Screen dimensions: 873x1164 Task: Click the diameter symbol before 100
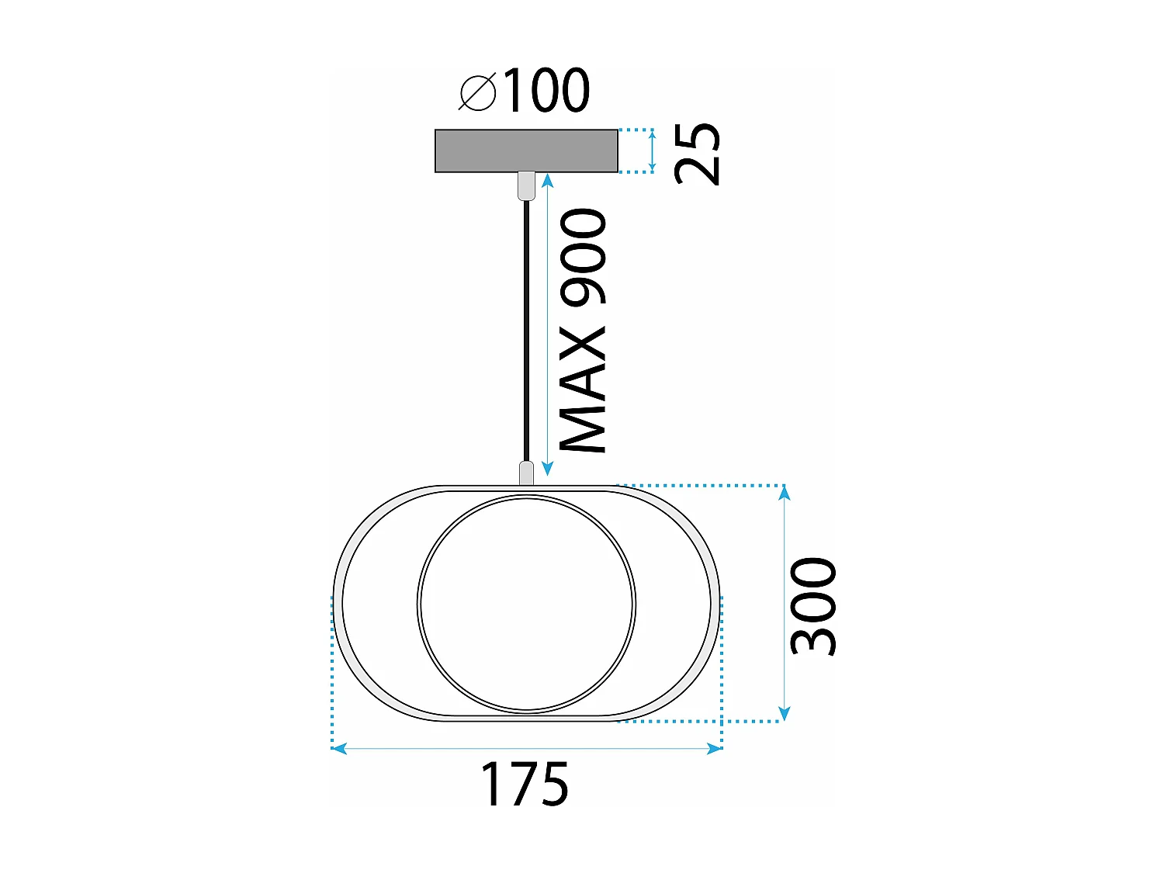point(477,93)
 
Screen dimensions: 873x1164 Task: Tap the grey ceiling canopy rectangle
point(526,151)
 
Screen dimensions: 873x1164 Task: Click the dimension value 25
point(698,154)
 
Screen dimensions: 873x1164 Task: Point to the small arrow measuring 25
point(653,151)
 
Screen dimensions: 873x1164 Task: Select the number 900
point(584,256)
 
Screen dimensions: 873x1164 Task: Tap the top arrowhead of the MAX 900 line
point(548,181)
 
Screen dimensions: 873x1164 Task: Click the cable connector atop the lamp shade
point(526,473)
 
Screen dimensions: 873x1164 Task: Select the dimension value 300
point(813,605)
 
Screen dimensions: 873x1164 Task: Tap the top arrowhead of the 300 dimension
point(785,493)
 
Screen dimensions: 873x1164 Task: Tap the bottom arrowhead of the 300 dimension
point(785,713)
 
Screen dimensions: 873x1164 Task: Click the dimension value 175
point(525,785)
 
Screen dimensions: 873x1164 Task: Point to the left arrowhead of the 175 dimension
point(339,748)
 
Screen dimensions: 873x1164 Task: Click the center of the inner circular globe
point(526,605)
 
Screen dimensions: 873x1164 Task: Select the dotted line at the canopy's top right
point(635,130)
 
